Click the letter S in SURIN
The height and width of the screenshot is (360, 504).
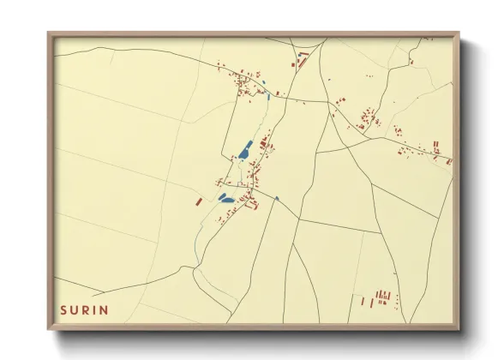[x=63, y=309]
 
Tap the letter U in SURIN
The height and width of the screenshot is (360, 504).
[x=75, y=309]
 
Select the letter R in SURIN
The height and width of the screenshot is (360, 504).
[x=88, y=309]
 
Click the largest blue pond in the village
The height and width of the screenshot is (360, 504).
[x=245, y=151]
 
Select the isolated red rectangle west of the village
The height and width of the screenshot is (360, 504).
[x=199, y=201]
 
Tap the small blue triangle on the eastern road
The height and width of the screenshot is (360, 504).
[x=276, y=199]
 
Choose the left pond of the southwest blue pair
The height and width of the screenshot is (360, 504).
[x=222, y=196]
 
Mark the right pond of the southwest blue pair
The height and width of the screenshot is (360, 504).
[x=230, y=201]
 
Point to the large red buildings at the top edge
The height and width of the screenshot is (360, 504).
[x=302, y=57]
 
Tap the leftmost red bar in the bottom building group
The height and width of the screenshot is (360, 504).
[x=362, y=301]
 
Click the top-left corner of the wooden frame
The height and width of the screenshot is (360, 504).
[x=49, y=33]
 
